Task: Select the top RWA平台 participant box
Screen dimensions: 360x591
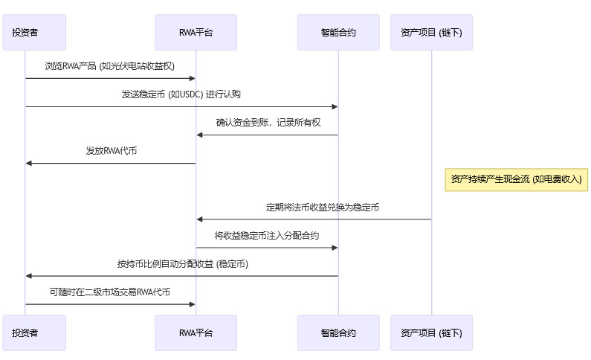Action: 196,32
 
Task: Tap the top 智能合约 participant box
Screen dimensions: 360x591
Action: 338,32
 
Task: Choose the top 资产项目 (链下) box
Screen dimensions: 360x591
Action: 431,32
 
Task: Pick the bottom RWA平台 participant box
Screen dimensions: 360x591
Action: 196,332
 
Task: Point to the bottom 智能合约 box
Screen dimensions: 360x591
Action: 338,332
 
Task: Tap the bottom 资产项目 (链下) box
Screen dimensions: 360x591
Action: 431,332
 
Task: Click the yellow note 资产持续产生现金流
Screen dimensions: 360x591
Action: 516,179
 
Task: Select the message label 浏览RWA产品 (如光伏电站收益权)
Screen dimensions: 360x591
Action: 110,66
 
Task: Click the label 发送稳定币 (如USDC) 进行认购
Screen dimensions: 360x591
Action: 181,94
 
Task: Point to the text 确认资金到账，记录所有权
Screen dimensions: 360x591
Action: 268,123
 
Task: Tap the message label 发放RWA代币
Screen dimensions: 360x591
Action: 111,151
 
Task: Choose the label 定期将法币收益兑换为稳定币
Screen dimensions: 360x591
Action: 323,208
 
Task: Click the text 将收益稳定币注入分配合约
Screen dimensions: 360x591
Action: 267,236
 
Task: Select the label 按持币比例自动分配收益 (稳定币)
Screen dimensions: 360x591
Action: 182,264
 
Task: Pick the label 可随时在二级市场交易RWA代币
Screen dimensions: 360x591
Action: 110,292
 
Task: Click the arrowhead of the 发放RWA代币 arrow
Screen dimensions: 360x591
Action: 28,163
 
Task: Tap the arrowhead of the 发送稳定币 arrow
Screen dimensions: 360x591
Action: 335,106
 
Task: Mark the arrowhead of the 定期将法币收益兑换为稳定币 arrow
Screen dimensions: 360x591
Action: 199,219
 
